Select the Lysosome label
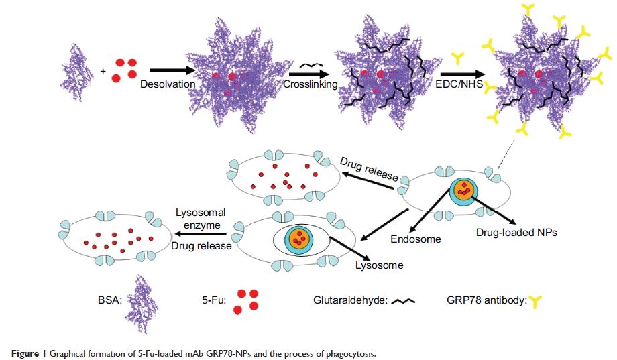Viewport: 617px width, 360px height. point(378,265)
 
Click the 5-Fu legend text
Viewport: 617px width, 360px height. point(205,301)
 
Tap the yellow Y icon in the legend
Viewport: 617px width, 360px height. point(535,302)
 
